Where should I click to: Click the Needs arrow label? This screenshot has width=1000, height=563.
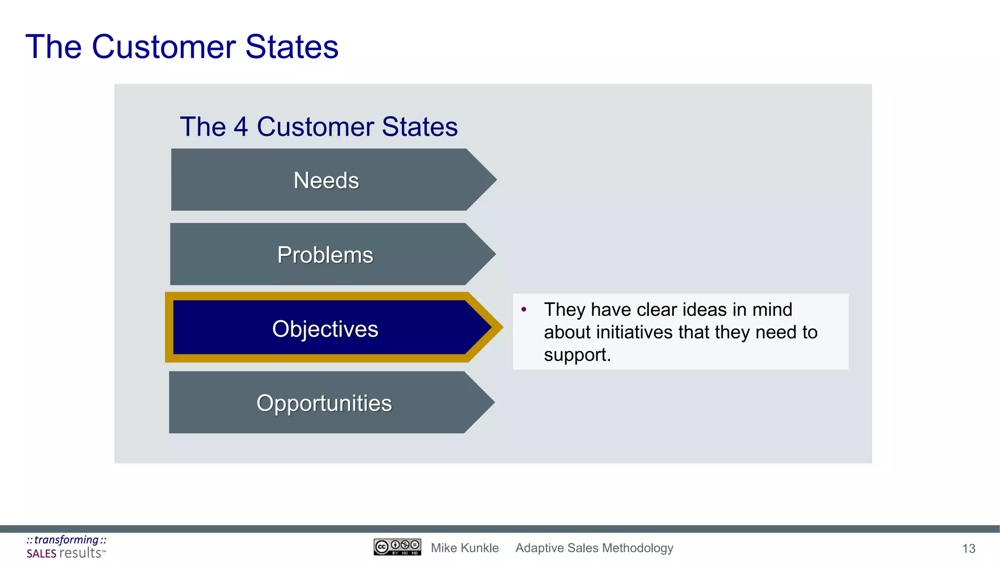click(x=326, y=180)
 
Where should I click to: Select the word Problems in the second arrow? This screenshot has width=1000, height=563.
click(x=325, y=255)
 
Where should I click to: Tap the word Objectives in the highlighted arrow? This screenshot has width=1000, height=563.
click(x=325, y=329)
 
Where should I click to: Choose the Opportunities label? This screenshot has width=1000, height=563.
click(x=324, y=403)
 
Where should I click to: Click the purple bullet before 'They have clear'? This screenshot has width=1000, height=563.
click(x=524, y=309)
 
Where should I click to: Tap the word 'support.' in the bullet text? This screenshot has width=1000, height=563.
click(x=577, y=355)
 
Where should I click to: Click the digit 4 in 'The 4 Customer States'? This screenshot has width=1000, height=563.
click(x=241, y=127)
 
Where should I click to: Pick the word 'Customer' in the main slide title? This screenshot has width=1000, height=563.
click(x=164, y=47)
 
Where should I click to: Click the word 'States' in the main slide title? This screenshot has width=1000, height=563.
click(x=292, y=47)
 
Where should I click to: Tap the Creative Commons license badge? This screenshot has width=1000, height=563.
click(x=397, y=547)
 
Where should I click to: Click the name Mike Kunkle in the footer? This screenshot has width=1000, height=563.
click(x=464, y=548)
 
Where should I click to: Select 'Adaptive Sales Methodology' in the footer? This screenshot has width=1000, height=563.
click(x=594, y=548)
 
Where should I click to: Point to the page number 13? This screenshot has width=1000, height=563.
click(x=969, y=549)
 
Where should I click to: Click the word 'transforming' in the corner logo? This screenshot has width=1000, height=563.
click(x=66, y=540)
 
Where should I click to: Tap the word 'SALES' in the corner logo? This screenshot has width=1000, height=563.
click(x=42, y=554)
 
